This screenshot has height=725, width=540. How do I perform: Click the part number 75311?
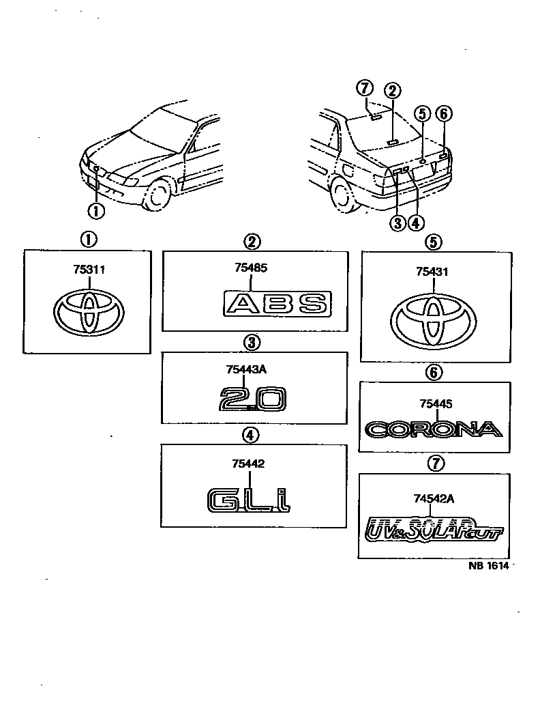[89, 270]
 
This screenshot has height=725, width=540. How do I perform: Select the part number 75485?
[252, 268]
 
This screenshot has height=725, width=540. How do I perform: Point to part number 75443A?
[247, 369]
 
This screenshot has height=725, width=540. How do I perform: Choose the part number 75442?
[247, 464]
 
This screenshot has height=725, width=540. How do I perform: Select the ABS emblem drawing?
[277, 302]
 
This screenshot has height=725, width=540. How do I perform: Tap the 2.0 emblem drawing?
[253, 399]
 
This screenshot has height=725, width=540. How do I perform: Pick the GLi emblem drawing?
[249, 499]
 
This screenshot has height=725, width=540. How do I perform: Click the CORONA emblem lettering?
[434, 429]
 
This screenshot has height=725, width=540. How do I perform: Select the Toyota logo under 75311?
[88, 313]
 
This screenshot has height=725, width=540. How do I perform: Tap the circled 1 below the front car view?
[97, 211]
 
